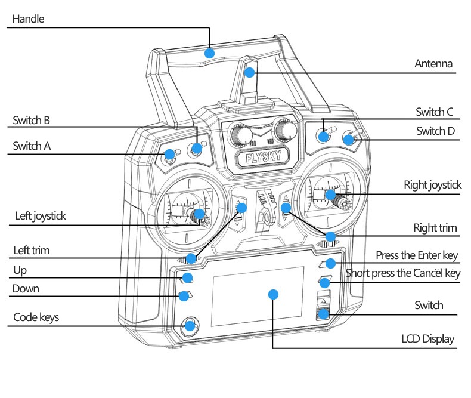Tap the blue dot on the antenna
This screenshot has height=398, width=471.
coord(250,73)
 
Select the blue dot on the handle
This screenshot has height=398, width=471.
coord(209,53)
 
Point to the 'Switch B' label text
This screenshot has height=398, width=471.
coord(31,121)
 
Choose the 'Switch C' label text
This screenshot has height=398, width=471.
coord(434,112)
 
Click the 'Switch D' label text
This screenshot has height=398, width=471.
coord(435,131)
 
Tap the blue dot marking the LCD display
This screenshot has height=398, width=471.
coord(274,294)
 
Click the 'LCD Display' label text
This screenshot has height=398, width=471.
coord(427,339)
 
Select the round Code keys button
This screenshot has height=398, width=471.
coord(190,325)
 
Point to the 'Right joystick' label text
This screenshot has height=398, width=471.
coord(432,185)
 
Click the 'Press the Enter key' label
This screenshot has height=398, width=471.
coord(417,255)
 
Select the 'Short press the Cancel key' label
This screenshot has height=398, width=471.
coord(403,273)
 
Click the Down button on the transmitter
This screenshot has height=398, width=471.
coord(187,295)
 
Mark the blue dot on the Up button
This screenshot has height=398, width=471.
coord(187,277)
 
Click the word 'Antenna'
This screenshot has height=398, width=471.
coord(433,64)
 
